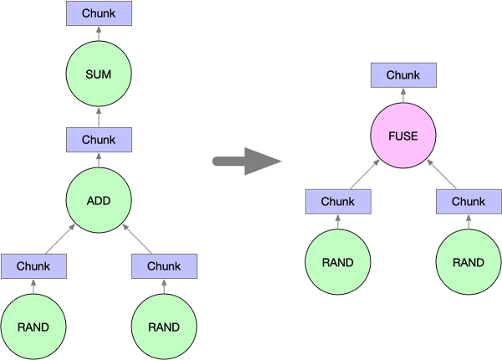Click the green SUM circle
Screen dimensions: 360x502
click(x=99, y=75)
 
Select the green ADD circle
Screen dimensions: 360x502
click(x=99, y=200)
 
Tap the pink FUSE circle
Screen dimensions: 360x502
click(x=403, y=136)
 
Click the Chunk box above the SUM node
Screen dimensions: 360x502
click(x=99, y=13)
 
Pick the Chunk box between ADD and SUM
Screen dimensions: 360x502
click(x=99, y=139)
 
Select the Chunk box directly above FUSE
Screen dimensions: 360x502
click(x=403, y=75)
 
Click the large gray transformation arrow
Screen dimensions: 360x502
click(x=246, y=160)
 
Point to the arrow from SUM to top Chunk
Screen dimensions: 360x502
click(x=99, y=33)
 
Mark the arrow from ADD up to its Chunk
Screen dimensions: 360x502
click(x=99, y=159)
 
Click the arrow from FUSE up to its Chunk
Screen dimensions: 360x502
click(x=403, y=95)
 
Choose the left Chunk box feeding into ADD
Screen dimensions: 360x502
click(x=33, y=266)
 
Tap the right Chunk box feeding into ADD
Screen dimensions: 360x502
click(x=164, y=266)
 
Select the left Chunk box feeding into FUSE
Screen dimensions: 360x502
click(x=338, y=202)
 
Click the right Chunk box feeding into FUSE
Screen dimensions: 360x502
click(x=469, y=202)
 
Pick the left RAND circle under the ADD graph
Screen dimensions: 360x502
click(x=33, y=327)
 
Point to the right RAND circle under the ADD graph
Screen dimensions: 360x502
click(x=164, y=327)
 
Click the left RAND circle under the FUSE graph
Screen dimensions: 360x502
click(x=338, y=262)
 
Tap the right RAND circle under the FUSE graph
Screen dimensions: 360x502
click(x=469, y=262)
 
